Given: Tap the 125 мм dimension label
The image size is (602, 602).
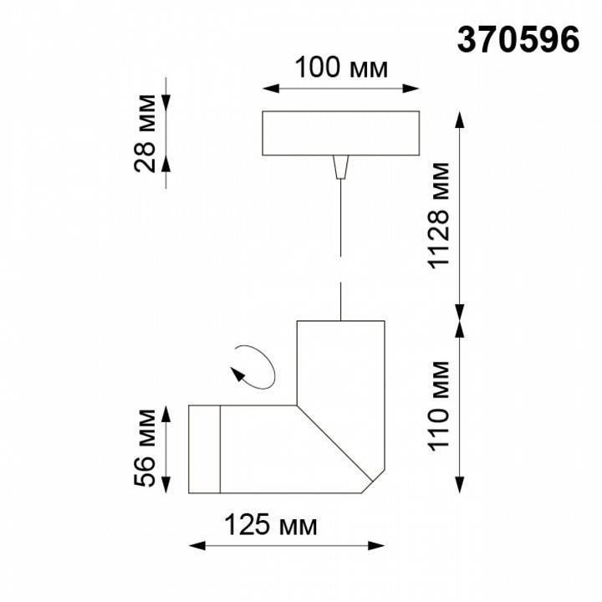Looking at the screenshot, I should coord(270,526).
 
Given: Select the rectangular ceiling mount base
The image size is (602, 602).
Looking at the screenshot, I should coord(341,133).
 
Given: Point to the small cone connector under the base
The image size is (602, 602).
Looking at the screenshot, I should coord(340,167).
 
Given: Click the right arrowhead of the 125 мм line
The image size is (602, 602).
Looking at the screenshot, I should coord(376,547).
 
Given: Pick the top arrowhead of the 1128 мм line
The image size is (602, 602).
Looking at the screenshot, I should coord(459,118).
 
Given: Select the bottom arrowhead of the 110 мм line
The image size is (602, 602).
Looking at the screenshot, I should coord(459,486).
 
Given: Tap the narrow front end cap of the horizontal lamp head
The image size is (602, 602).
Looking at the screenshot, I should coord(204,450).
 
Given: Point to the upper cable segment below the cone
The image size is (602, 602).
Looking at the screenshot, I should coord(340,217).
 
